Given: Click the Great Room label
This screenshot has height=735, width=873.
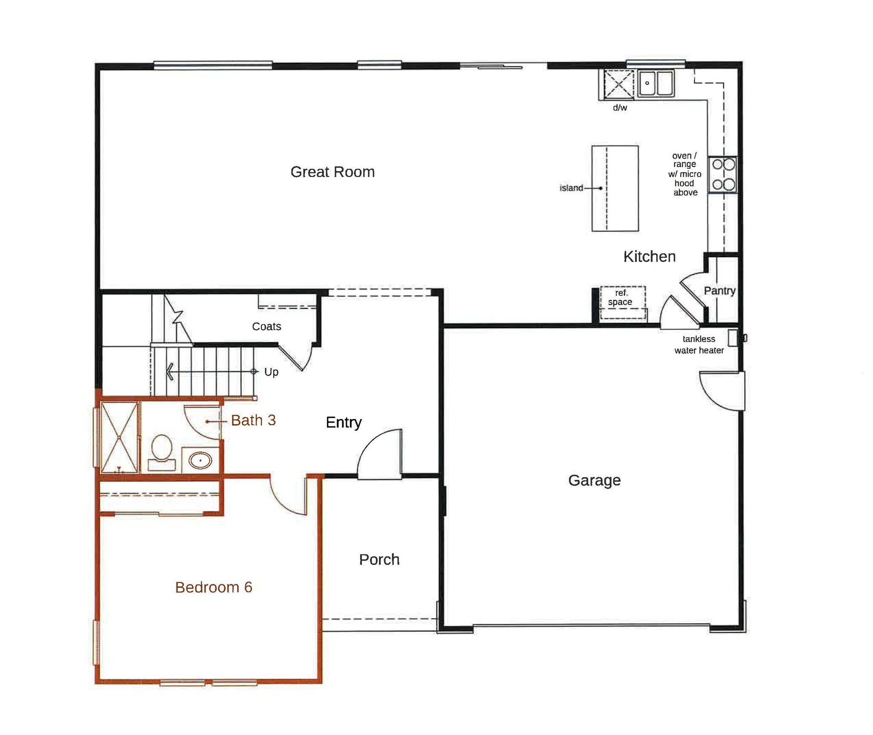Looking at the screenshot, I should [332, 172].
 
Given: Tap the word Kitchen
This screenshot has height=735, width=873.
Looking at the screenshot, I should [649, 257].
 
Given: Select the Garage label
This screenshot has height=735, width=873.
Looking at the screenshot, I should [594, 480].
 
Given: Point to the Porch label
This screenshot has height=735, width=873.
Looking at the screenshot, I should [379, 559].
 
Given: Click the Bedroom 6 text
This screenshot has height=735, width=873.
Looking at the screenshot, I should [214, 587].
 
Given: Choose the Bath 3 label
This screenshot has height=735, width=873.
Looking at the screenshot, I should [253, 420].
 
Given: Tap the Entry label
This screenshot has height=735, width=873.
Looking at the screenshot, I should [344, 422].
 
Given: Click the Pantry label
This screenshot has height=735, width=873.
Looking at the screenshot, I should [720, 291].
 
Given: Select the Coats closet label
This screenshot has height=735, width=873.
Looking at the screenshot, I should [266, 327].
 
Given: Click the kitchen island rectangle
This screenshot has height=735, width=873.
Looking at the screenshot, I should [615, 188].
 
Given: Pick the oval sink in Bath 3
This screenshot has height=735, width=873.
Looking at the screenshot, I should [200, 461].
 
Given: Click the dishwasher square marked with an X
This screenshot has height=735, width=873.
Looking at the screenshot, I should [619, 84].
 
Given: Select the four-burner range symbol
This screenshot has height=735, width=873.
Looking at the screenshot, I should [723, 174].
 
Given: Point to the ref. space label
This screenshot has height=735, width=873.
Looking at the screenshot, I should [621, 298].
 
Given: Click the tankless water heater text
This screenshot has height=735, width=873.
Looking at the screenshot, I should [699, 345].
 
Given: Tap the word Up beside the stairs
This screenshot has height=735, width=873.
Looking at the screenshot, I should [271, 372].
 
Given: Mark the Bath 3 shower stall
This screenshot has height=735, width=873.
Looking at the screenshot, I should [119, 437].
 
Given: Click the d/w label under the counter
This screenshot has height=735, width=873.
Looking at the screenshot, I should [620, 108].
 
